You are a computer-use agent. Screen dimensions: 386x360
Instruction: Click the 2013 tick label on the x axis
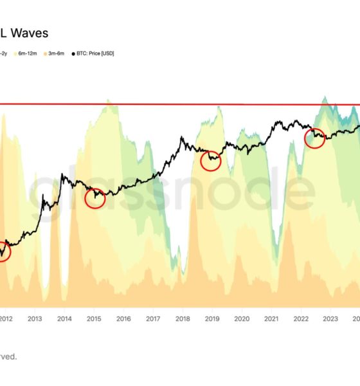35,318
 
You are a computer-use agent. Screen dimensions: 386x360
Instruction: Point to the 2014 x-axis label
64,318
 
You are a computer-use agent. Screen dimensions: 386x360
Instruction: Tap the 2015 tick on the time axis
94,318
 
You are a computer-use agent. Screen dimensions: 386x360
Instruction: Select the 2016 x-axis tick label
123,318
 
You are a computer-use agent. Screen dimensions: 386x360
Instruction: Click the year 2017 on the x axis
153,318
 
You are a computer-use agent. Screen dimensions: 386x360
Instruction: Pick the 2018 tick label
183,318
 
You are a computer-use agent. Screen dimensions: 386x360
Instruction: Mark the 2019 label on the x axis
212,318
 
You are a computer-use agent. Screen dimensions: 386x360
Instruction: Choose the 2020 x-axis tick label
242,318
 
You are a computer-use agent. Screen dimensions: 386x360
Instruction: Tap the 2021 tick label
271,318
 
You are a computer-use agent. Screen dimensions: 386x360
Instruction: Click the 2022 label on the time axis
301,318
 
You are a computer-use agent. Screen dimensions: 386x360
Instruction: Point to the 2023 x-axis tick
330,318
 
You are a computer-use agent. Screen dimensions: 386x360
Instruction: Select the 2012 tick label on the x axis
6,318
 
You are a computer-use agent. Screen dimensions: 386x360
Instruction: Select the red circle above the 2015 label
94,198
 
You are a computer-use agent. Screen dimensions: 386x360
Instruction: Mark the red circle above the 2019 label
211,161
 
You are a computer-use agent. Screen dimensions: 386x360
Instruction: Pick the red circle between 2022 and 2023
314,138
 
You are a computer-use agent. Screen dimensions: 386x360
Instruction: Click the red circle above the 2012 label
3,250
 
